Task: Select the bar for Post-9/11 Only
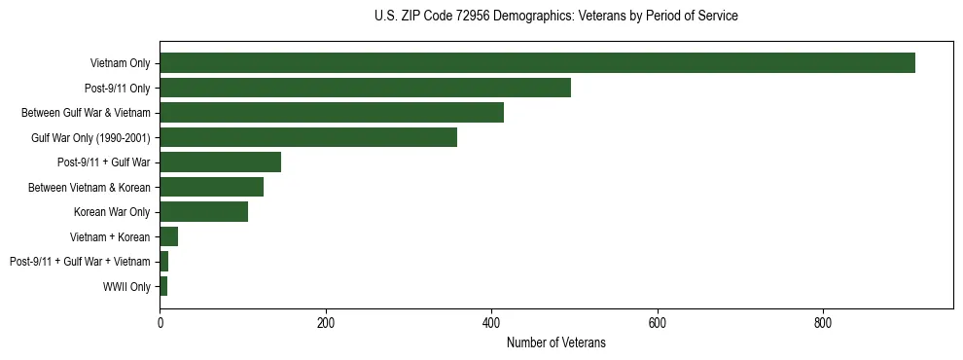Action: point(365,88)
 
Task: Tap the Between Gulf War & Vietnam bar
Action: point(332,113)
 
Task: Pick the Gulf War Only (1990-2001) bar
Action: point(308,137)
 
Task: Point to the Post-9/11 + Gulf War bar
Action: point(220,162)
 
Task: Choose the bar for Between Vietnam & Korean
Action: point(211,187)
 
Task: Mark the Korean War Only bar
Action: point(203,212)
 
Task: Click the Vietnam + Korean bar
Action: point(169,236)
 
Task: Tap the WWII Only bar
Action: point(163,286)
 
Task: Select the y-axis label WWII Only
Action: point(126,287)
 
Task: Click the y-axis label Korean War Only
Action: point(112,212)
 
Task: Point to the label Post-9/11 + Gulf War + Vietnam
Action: point(80,262)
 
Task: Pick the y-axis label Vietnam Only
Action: point(120,63)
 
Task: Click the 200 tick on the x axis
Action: point(326,323)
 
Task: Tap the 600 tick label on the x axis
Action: point(658,323)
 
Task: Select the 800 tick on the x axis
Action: point(823,323)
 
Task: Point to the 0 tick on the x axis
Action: point(160,323)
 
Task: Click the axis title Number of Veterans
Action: point(556,342)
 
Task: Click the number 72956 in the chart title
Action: point(474,17)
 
